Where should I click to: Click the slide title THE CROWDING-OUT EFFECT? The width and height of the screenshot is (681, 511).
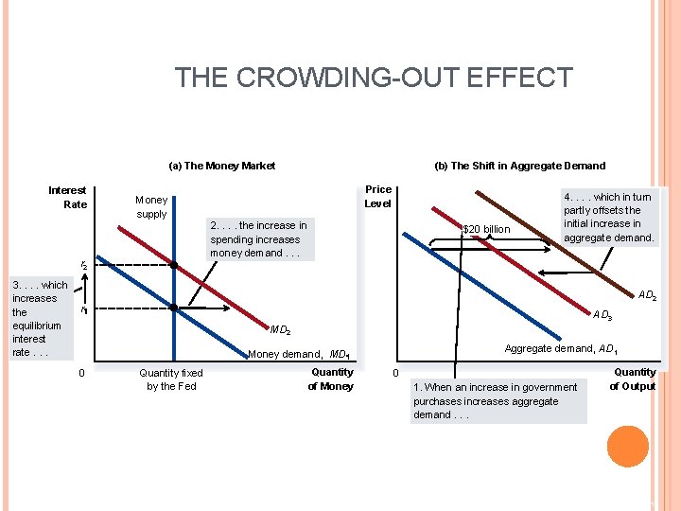point(374,77)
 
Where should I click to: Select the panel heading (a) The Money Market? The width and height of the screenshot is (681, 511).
point(221,166)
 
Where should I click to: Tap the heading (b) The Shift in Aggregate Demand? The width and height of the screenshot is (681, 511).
point(519,166)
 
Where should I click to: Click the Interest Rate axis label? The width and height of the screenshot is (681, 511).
point(67,197)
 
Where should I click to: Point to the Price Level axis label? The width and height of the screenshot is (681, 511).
point(377,197)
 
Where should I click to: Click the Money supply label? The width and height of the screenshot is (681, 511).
point(151,206)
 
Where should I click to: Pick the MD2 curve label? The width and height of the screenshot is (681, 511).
point(280,330)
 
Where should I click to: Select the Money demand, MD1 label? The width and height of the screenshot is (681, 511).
point(299,355)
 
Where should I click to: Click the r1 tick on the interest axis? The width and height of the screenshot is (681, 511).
point(83,309)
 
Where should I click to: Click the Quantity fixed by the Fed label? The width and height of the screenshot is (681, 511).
point(171,379)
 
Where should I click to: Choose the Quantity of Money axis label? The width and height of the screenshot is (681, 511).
point(332,379)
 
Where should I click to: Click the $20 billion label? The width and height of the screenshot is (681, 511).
point(486,229)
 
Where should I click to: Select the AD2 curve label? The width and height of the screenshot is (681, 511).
point(647,296)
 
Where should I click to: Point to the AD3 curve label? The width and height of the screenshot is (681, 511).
point(602,315)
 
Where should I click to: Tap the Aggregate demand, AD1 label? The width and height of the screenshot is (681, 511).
point(561,349)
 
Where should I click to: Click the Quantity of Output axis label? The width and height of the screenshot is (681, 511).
point(633,379)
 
